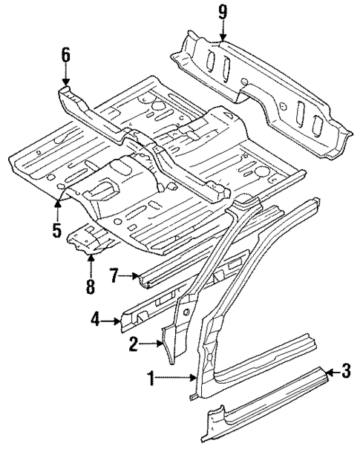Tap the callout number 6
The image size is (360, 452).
[65, 54]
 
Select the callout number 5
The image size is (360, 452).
[56, 230]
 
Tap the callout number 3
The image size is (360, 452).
[344, 370]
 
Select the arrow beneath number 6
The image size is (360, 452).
[65, 76]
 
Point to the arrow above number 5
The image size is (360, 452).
[57, 206]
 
